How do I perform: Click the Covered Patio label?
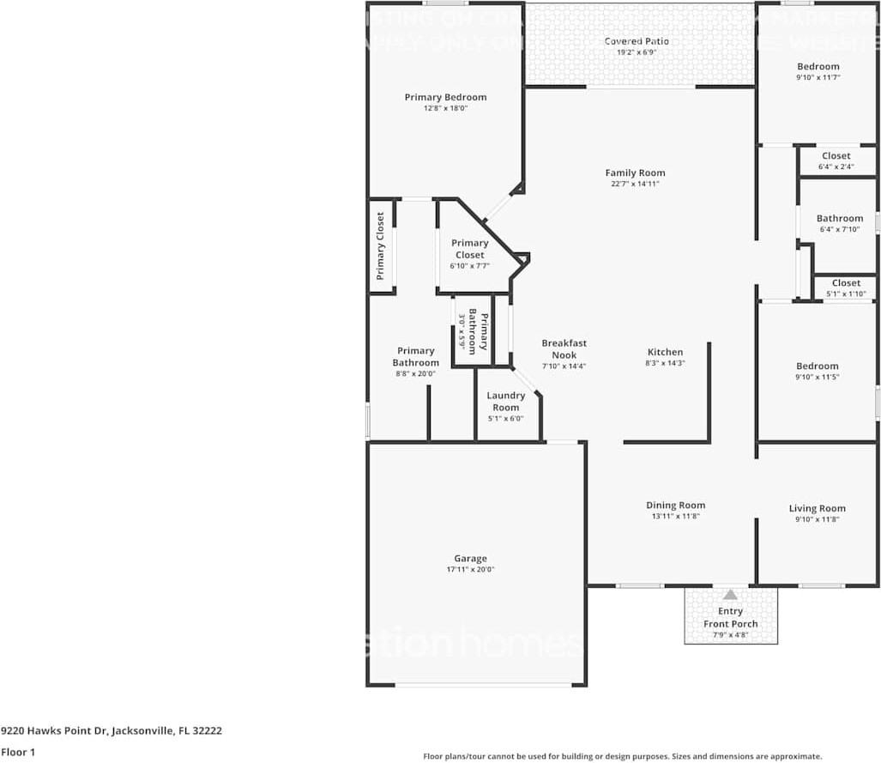coord(636,41)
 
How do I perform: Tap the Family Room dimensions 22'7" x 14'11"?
coord(635,184)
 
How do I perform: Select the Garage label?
coord(470,559)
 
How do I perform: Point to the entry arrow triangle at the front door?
coord(730,594)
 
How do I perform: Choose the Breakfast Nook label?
coord(564,349)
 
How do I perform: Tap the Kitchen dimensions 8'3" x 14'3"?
coord(665,363)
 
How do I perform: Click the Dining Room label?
coord(675,506)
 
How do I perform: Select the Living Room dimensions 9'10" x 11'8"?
coord(817,519)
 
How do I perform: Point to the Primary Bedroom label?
coord(445,97)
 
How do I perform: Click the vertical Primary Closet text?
coord(380,246)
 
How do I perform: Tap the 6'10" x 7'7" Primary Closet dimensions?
coord(469,266)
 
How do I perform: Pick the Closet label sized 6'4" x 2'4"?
coord(836,156)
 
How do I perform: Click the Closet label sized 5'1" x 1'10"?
coord(845,283)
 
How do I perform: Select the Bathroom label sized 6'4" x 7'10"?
coord(839,219)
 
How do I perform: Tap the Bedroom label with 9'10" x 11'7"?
coord(818,67)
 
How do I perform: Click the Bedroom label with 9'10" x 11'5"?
coord(817,366)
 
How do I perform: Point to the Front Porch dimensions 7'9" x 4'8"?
coord(730,635)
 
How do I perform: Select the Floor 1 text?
coord(18,752)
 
